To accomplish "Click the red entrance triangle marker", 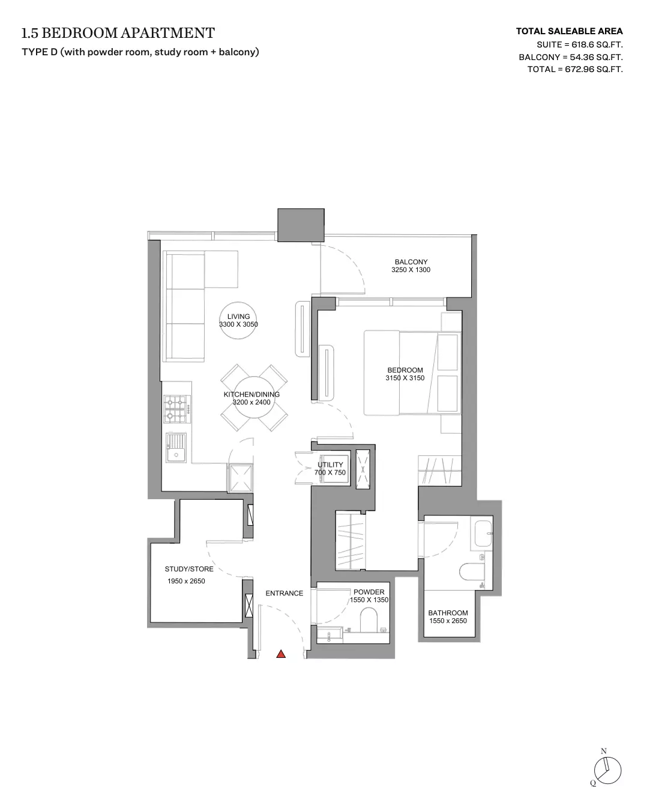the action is (281, 654).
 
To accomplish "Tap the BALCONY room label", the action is (411, 261).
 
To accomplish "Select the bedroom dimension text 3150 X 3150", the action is (405, 378).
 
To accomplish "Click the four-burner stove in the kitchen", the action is (177, 409).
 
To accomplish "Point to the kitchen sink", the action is (176, 448).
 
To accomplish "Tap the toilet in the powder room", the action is (369, 621).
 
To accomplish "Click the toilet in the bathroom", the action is (472, 572).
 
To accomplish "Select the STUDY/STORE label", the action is (189, 569).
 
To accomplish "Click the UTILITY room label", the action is (330, 464).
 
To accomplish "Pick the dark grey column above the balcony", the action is (301, 225).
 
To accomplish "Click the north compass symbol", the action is (607, 769).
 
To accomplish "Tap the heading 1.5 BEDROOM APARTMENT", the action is (118, 33).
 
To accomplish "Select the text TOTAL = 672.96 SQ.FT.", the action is (575, 69).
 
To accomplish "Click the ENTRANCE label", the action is (284, 593).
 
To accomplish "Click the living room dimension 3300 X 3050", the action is (238, 324).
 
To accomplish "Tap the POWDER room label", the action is (369, 592).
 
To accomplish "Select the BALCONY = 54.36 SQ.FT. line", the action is (571, 57).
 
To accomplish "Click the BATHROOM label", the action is (448, 613).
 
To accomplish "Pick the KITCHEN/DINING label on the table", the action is (251, 394).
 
